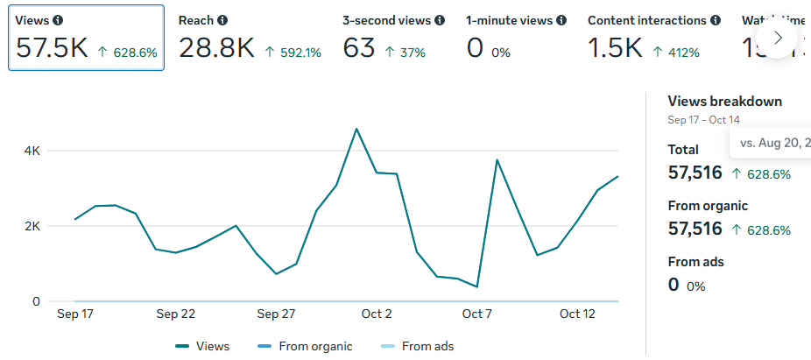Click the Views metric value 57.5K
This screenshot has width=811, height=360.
[52, 48]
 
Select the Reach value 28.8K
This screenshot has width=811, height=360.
[216, 48]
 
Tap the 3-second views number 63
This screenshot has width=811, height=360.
[359, 48]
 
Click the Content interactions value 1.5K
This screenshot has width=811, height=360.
[615, 48]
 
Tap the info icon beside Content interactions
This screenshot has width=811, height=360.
[716, 20]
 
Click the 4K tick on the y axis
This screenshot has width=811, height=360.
[32, 151]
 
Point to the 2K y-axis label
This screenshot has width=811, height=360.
[32, 226]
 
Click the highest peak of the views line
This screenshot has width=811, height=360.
[356, 129]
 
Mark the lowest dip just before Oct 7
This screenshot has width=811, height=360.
[476, 286]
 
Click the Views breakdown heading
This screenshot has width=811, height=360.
[724, 102]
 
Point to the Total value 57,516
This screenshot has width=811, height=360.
[695, 173]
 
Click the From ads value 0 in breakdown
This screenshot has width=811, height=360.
[673, 285]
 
